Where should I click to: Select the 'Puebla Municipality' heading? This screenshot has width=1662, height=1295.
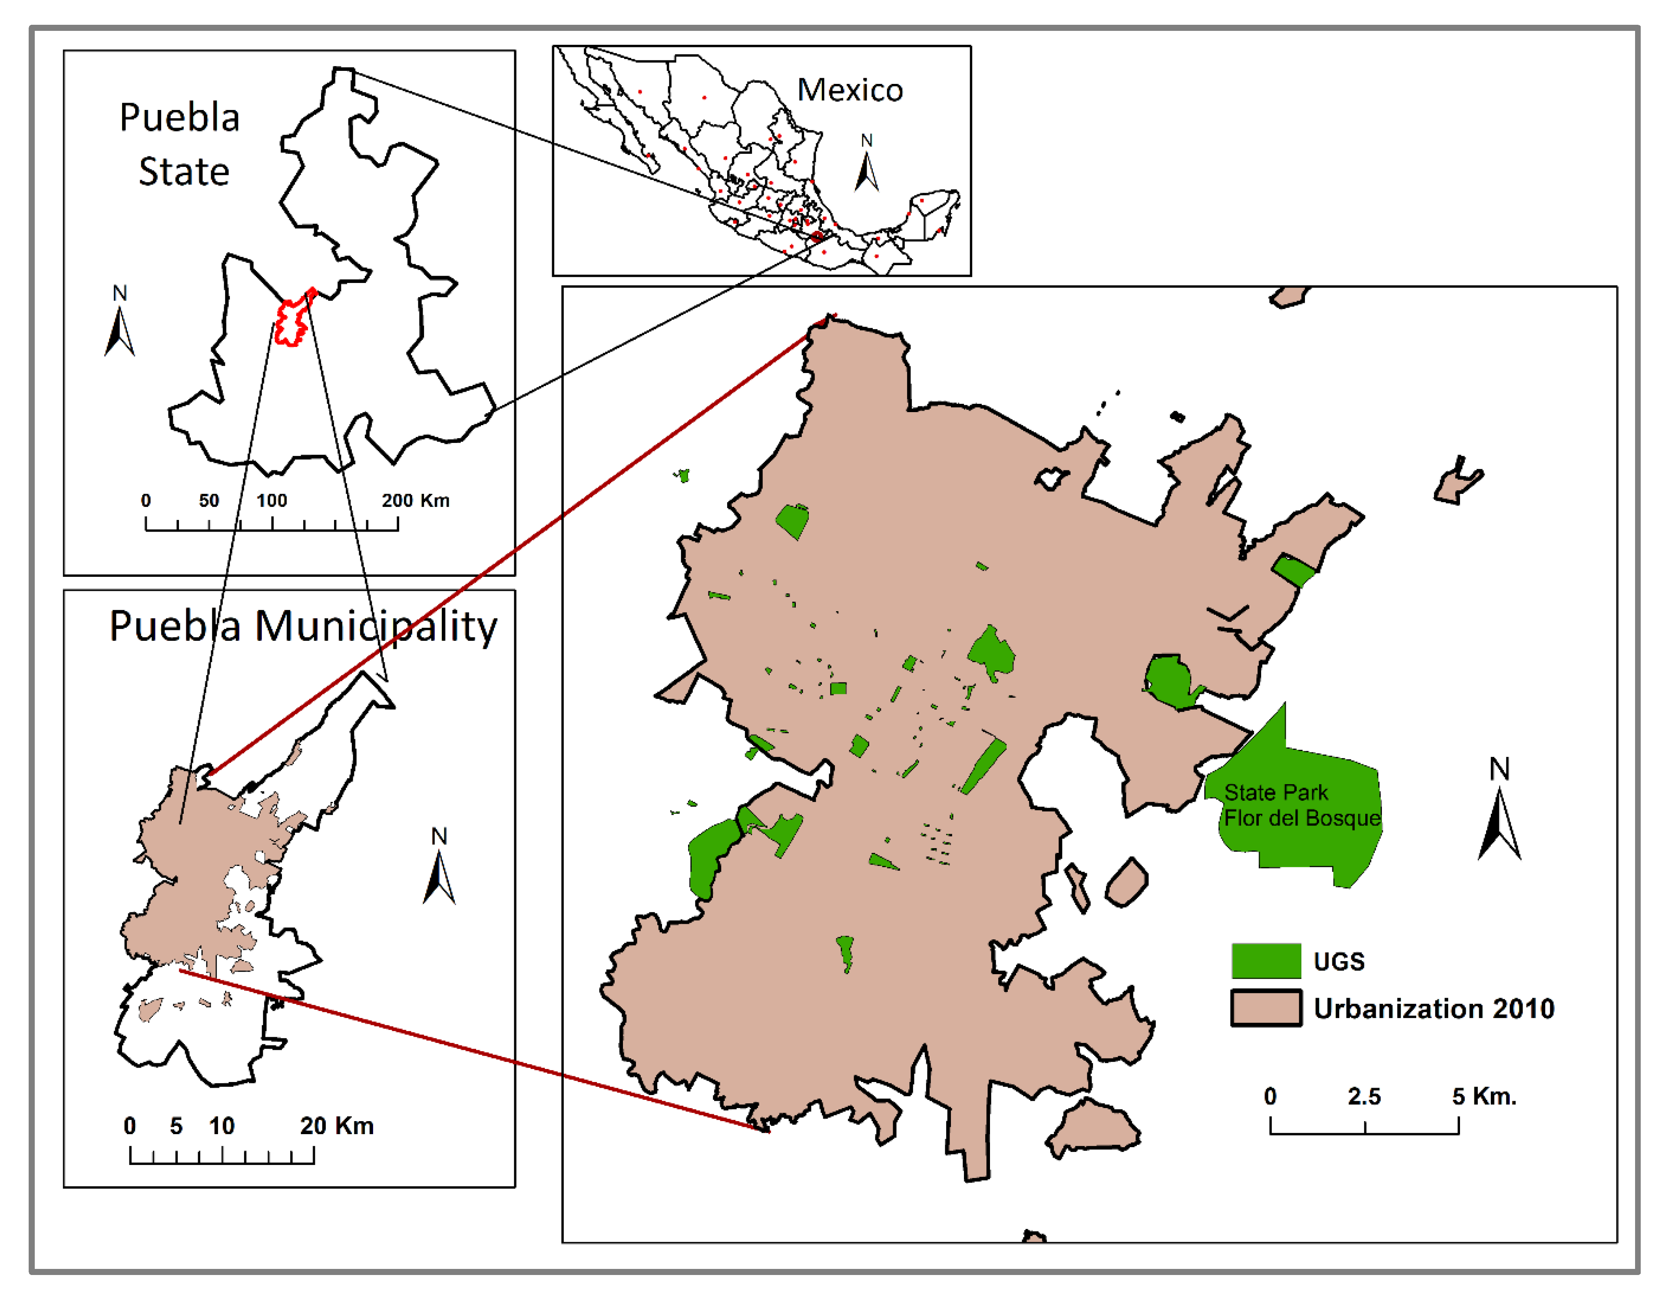(303, 626)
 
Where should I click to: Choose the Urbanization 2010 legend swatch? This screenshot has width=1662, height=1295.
(1265, 1008)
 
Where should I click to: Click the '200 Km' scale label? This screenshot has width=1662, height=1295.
(415, 500)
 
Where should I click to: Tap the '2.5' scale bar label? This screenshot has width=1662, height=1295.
(1364, 1096)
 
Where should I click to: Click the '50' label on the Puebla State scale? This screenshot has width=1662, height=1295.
(209, 500)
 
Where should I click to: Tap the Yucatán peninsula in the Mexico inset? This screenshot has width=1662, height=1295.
(934, 213)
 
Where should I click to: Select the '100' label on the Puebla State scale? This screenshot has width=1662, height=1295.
(271, 500)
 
